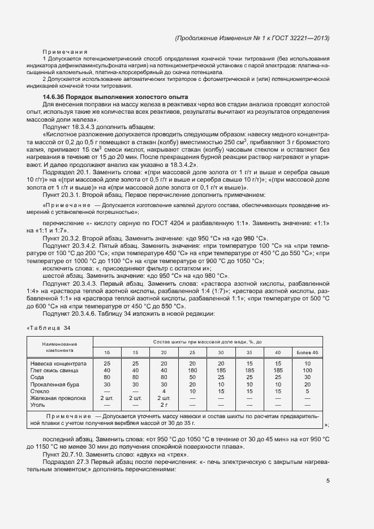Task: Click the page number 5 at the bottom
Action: [328, 481]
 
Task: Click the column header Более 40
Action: [307, 352]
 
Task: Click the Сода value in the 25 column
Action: [192, 377]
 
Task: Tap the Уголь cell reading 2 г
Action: [164, 405]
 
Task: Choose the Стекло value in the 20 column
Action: [164, 391]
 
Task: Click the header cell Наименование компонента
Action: [59, 347]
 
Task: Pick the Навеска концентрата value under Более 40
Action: [307, 363]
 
